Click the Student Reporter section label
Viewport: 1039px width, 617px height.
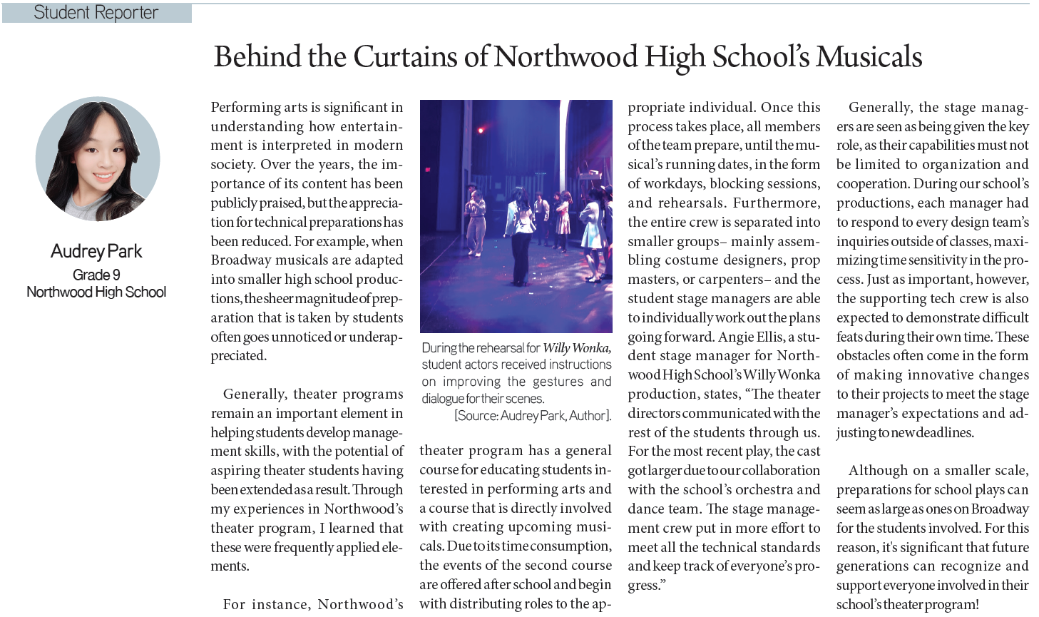coord(96,13)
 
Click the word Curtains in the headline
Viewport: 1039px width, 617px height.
coord(406,57)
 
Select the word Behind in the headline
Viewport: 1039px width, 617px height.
coord(256,57)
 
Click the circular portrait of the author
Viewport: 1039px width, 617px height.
coord(98,159)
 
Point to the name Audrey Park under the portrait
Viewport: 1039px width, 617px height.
coord(96,251)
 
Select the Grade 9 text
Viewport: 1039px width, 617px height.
coord(96,275)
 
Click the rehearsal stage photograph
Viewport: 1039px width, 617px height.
coord(516,215)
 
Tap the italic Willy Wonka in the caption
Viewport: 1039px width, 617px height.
coord(576,348)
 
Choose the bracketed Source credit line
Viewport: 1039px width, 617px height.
coord(533,416)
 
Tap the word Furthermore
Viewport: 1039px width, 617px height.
coord(777,203)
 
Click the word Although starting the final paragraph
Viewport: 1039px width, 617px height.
coord(878,471)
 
